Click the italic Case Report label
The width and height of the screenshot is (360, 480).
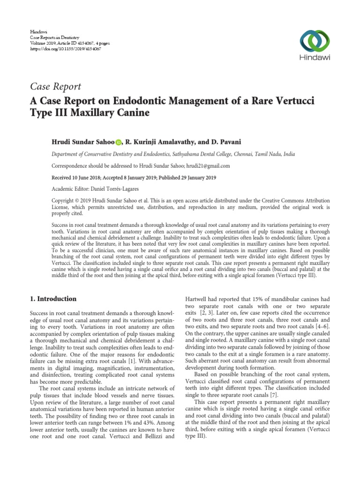tap(56, 86)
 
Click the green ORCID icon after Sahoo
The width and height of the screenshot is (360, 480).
tap(118, 142)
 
